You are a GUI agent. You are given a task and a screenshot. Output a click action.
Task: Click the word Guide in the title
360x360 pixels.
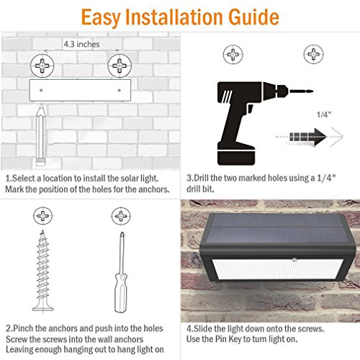253,17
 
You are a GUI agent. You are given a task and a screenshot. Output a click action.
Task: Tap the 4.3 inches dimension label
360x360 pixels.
81,44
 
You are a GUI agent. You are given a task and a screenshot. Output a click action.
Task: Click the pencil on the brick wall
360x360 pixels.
40,135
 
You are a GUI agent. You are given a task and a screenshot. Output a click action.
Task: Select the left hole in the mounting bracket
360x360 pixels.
41,91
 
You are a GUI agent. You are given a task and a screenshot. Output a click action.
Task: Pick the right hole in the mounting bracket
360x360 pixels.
119,91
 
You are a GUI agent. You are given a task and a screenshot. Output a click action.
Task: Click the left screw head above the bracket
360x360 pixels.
42,66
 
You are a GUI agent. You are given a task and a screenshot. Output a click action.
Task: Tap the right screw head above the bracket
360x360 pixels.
120,66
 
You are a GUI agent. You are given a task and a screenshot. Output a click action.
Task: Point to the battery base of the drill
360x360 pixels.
236,154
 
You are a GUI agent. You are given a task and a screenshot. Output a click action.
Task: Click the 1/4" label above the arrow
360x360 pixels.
324,114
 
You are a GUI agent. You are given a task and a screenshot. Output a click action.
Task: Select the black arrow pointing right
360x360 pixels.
307,137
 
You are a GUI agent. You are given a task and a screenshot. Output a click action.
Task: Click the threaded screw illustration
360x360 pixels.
42,271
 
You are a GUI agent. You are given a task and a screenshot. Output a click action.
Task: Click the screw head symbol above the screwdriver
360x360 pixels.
121,216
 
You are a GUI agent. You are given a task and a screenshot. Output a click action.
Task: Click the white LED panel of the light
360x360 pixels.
279,269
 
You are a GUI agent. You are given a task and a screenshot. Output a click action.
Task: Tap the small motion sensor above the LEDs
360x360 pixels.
294,259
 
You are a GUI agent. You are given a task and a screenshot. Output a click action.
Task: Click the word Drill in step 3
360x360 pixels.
201,178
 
